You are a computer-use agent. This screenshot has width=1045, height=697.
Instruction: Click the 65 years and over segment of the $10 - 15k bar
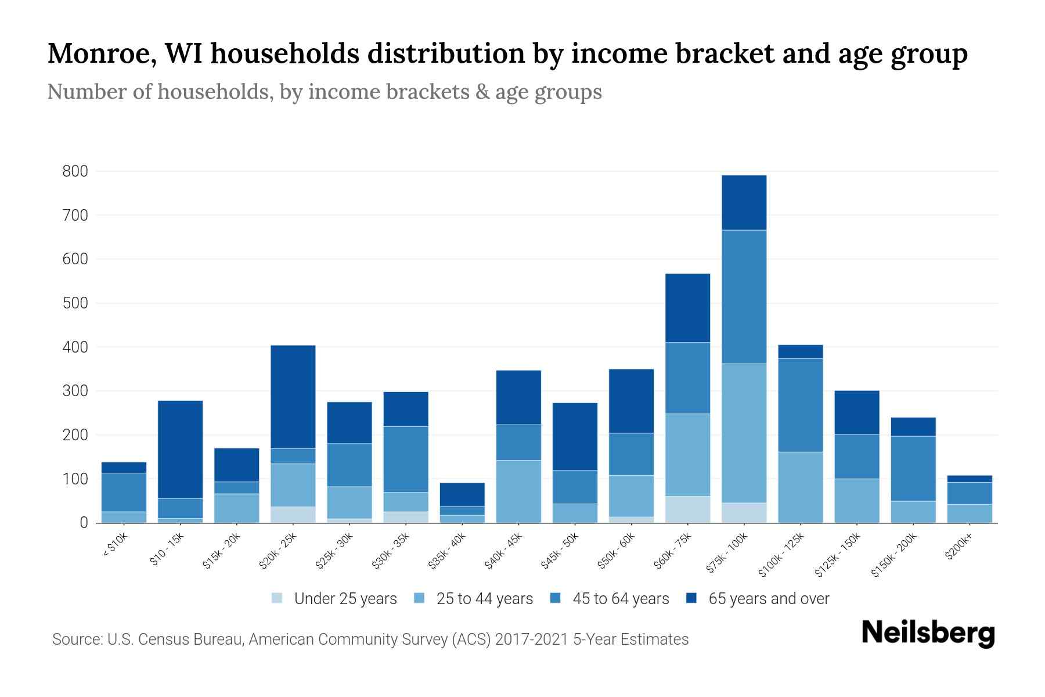coord(180,449)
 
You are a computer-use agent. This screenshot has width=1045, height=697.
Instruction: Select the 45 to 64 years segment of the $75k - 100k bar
coord(744,296)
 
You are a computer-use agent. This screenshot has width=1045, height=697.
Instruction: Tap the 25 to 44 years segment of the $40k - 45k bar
coord(518,491)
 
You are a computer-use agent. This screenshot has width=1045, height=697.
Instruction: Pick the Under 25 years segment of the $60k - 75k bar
coord(687,509)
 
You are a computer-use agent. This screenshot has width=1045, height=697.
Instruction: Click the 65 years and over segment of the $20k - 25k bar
coord(293,396)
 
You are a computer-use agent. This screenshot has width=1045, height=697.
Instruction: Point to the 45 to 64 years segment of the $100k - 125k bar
coord(800,405)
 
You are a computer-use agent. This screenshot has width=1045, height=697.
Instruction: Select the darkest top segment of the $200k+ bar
coord(969,479)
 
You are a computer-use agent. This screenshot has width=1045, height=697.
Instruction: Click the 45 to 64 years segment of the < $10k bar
coord(124,492)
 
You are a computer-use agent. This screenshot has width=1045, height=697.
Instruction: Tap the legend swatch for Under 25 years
coord(277,598)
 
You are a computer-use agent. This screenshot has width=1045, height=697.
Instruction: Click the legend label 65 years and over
coord(768,599)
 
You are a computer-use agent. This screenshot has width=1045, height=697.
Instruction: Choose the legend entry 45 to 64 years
coord(620,599)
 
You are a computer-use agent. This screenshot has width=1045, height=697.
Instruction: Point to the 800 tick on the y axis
coord(75,171)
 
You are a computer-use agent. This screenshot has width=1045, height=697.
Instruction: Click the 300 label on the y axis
coord(75,391)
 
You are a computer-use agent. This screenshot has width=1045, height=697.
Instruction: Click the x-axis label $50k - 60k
coord(617,552)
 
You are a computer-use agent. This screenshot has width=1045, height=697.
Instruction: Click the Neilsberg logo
coord(928,633)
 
